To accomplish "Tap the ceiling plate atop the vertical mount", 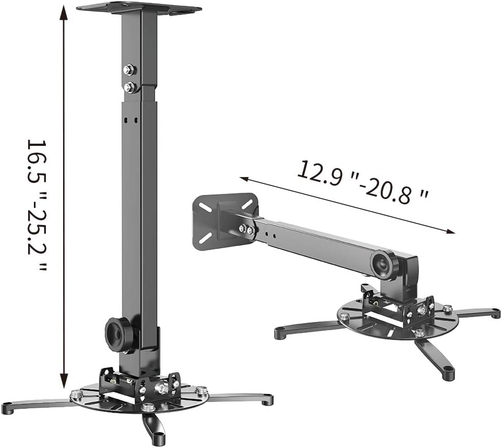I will pyautogui.click(x=139, y=9).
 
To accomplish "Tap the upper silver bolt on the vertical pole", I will pyautogui.click(x=130, y=70).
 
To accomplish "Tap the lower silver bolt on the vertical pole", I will pyautogui.click(x=130, y=86).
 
